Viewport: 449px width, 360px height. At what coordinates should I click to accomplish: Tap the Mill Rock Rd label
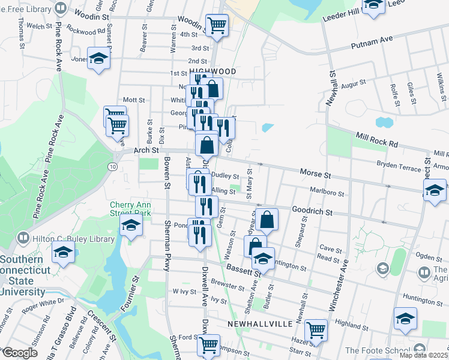coord(376,140)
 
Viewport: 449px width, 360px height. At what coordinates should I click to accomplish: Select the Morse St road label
coord(315,174)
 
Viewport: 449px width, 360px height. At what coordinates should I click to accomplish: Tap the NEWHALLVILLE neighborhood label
coord(260,323)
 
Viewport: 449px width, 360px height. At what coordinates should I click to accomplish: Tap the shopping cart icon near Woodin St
coord(217,25)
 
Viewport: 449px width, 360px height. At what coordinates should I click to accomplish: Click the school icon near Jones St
coord(98,58)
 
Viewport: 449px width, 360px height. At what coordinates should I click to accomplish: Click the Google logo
coord(20,353)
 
